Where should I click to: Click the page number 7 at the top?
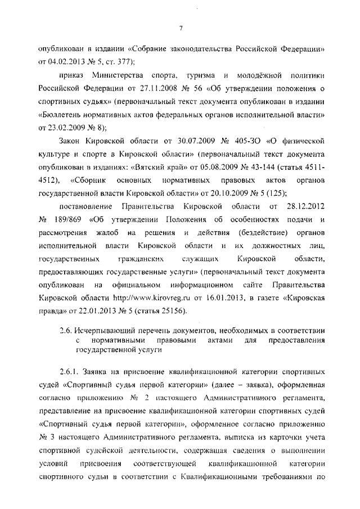181,28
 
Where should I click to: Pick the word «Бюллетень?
64,115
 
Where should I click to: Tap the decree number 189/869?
70,222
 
